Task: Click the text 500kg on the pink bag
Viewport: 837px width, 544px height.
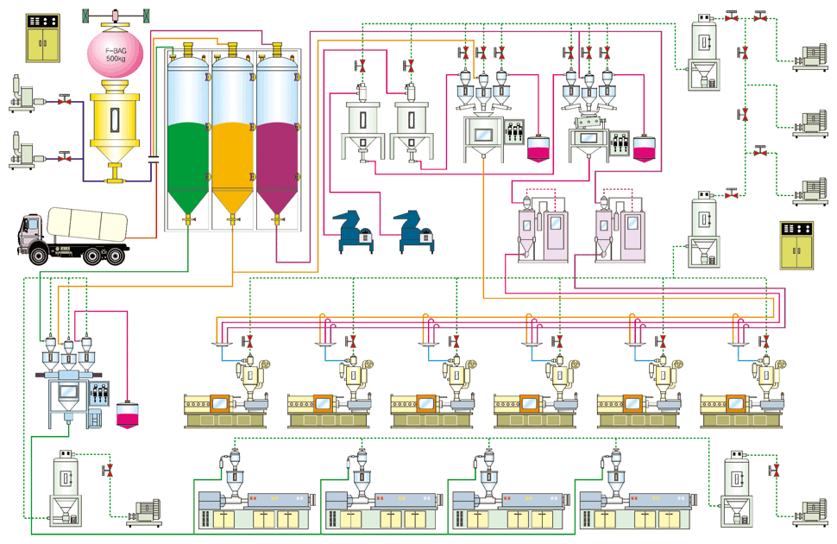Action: click(x=116, y=58)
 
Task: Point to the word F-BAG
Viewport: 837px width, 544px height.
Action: click(x=116, y=49)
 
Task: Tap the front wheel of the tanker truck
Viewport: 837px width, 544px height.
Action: click(x=41, y=255)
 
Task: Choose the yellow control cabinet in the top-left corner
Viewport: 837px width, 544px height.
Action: click(x=42, y=36)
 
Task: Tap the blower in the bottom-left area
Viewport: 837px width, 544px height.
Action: click(x=143, y=513)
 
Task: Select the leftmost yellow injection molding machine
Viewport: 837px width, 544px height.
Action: click(x=222, y=408)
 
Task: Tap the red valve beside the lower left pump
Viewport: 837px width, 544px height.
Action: click(x=64, y=157)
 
